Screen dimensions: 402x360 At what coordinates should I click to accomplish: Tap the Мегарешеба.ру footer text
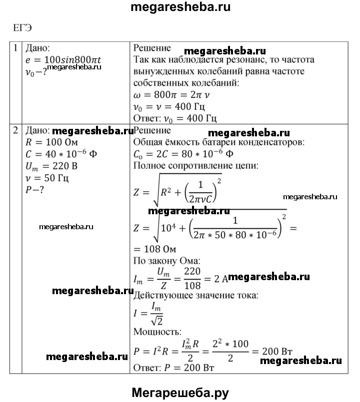click(x=180, y=393)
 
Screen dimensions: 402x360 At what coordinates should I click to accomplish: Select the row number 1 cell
click(x=16, y=48)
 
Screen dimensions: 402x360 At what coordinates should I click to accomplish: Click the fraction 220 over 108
click(x=192, y=278)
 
